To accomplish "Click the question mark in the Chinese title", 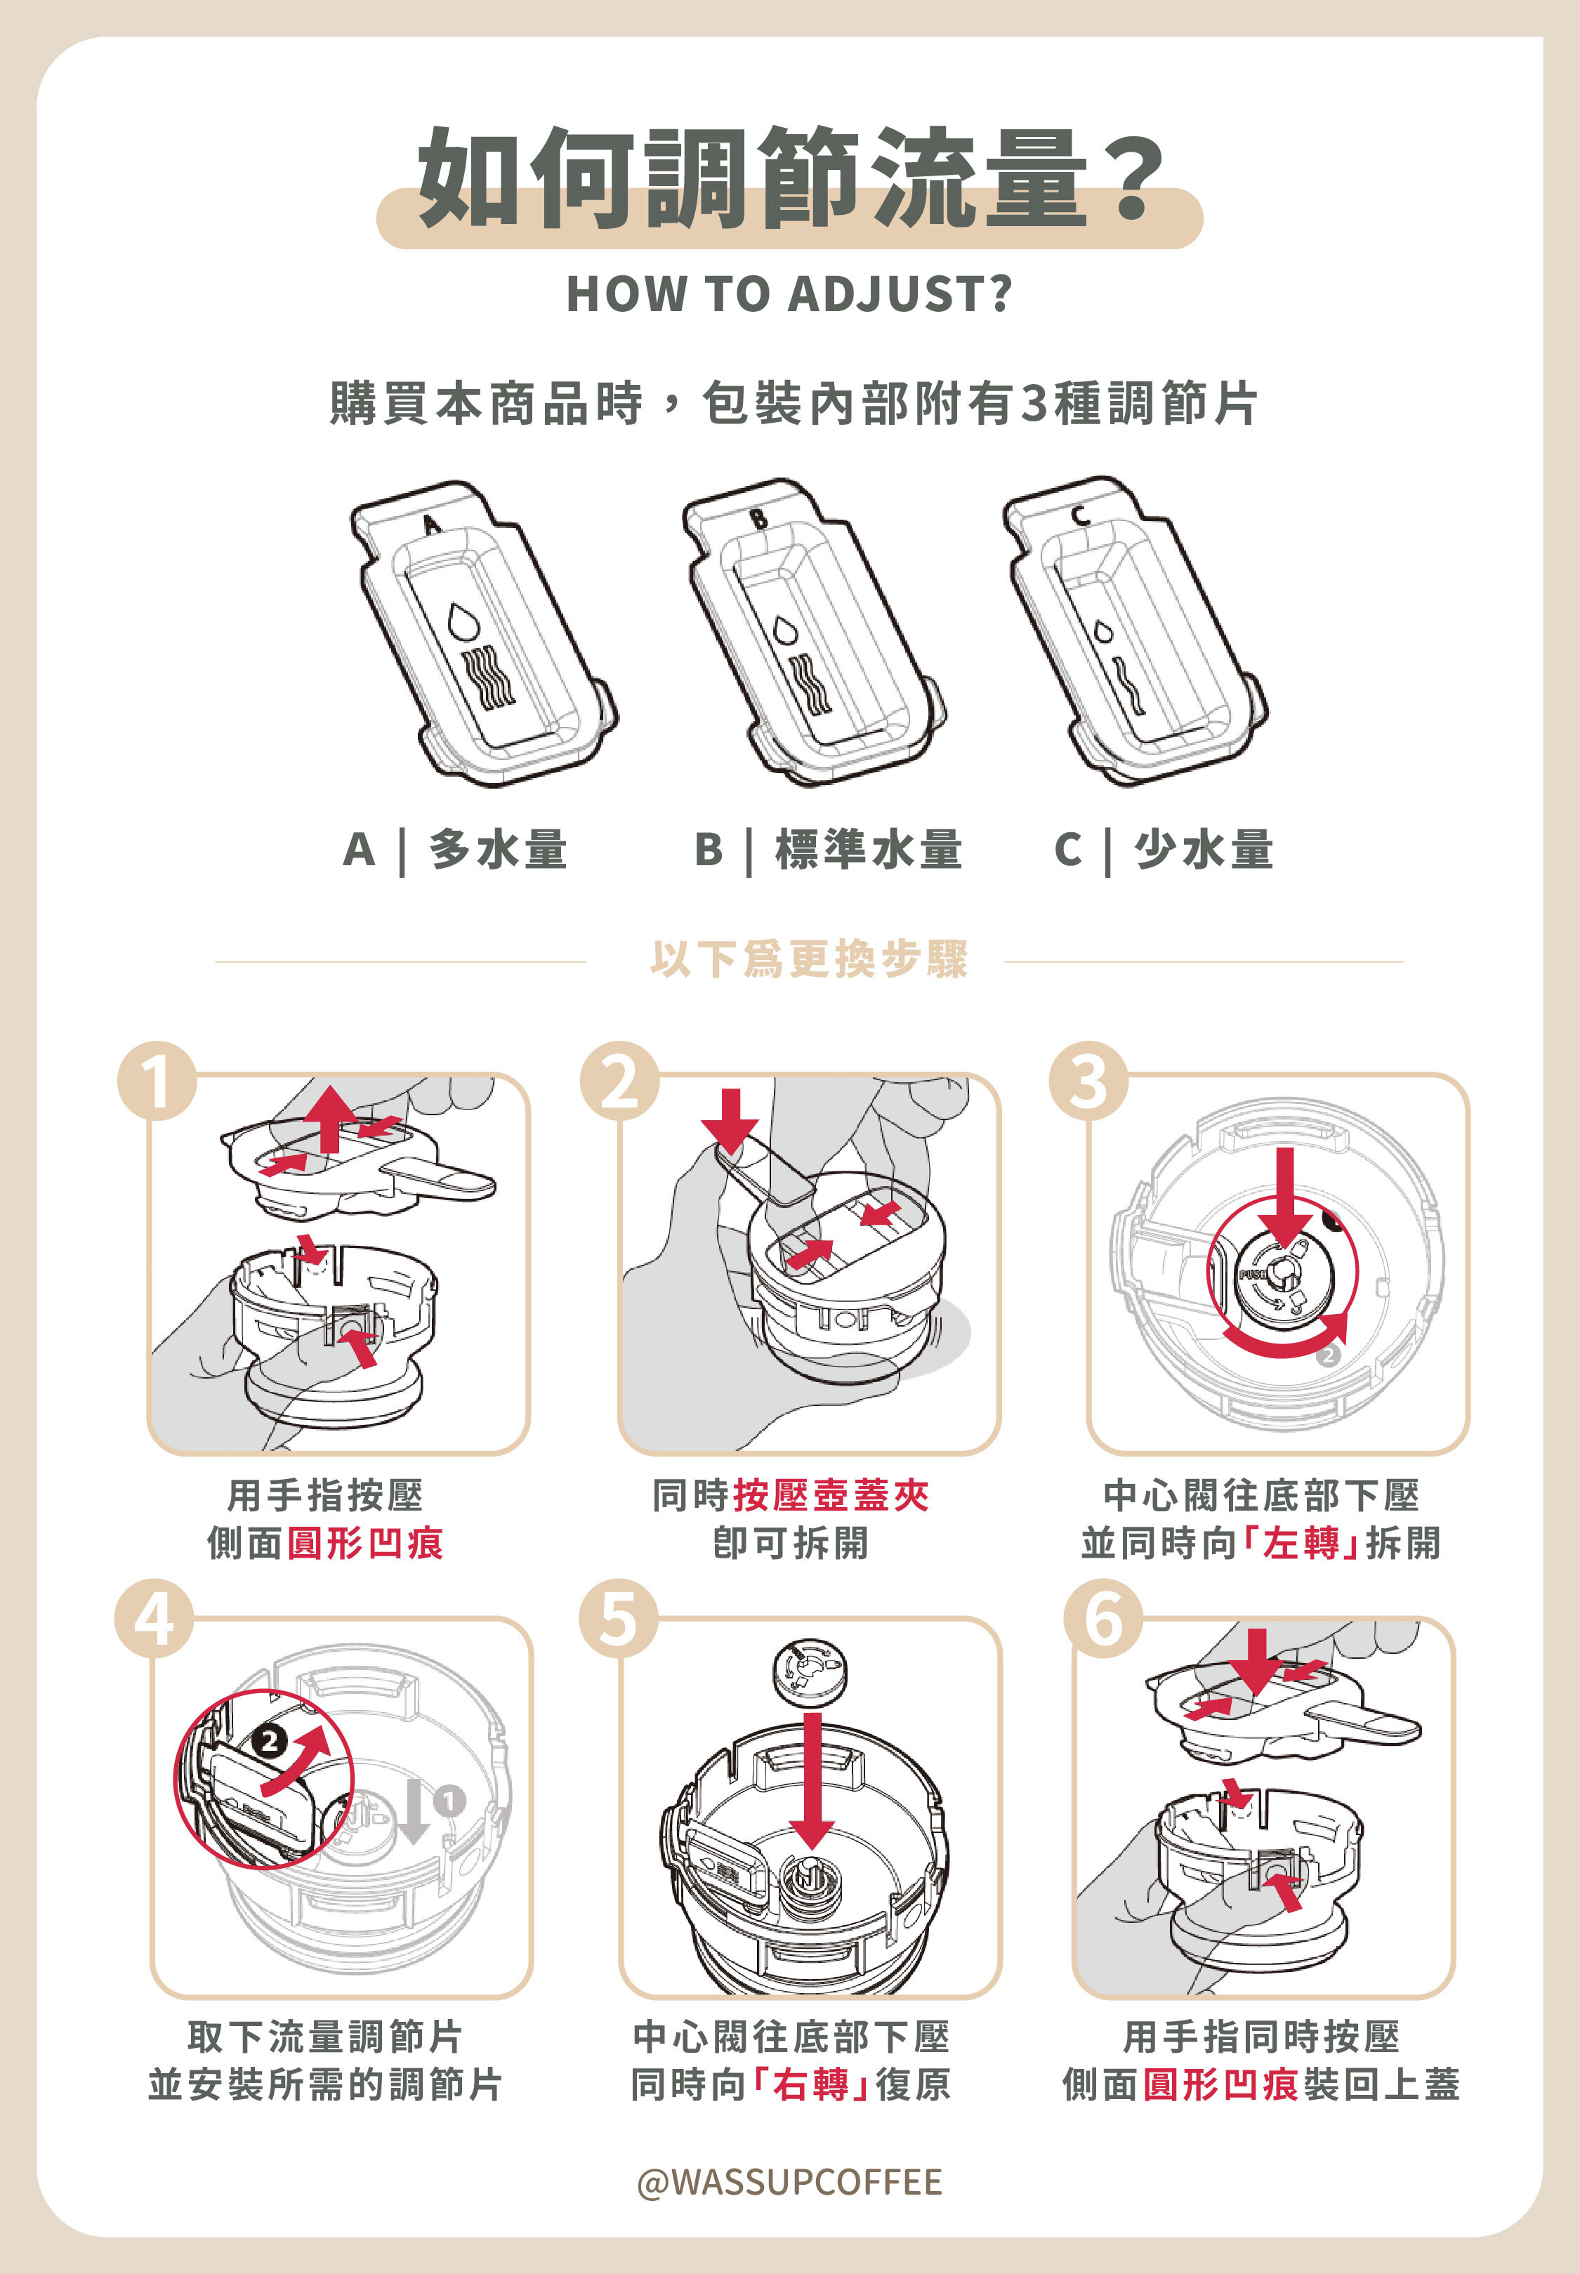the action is (1135, 178).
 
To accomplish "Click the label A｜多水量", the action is (455, 849).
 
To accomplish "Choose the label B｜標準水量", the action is (828, 849).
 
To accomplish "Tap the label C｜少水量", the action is (1163, 849).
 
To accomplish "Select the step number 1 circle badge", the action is (157, 1080).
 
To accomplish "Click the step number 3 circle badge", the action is (1088, 1080).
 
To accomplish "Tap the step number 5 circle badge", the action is (618, 1619).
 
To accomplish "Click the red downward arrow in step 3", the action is (1284, 1194).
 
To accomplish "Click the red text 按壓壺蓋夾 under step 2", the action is (831, 1495).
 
